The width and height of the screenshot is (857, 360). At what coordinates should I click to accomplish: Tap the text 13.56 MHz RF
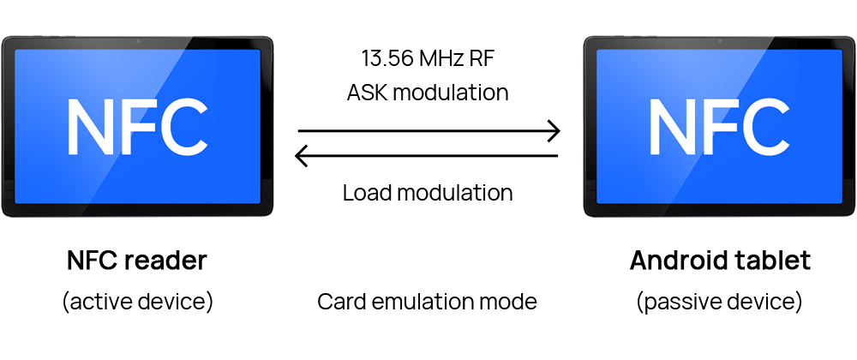click(x=428, y=58)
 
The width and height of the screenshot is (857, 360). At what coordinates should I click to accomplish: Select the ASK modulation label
click(x=428, y=93)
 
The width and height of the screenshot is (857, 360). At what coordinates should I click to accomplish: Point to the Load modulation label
click(x=428, y=193)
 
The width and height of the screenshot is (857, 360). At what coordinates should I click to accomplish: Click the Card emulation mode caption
click(x=427, y=302)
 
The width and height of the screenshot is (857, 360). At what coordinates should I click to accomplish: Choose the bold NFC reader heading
click(x=137, y=261)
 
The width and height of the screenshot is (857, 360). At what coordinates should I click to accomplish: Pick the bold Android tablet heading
click(x=720, y=261)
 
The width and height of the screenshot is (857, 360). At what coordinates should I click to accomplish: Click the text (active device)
click(x=137, y=302)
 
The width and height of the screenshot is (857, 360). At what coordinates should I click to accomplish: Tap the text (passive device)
click(x=719, y=302)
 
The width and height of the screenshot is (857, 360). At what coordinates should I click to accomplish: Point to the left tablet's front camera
click(x=137, y=42)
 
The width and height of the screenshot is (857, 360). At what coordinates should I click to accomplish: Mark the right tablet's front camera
click(x=720, y=42)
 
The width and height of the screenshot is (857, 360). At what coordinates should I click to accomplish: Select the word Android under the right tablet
click(x=674, y=261)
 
